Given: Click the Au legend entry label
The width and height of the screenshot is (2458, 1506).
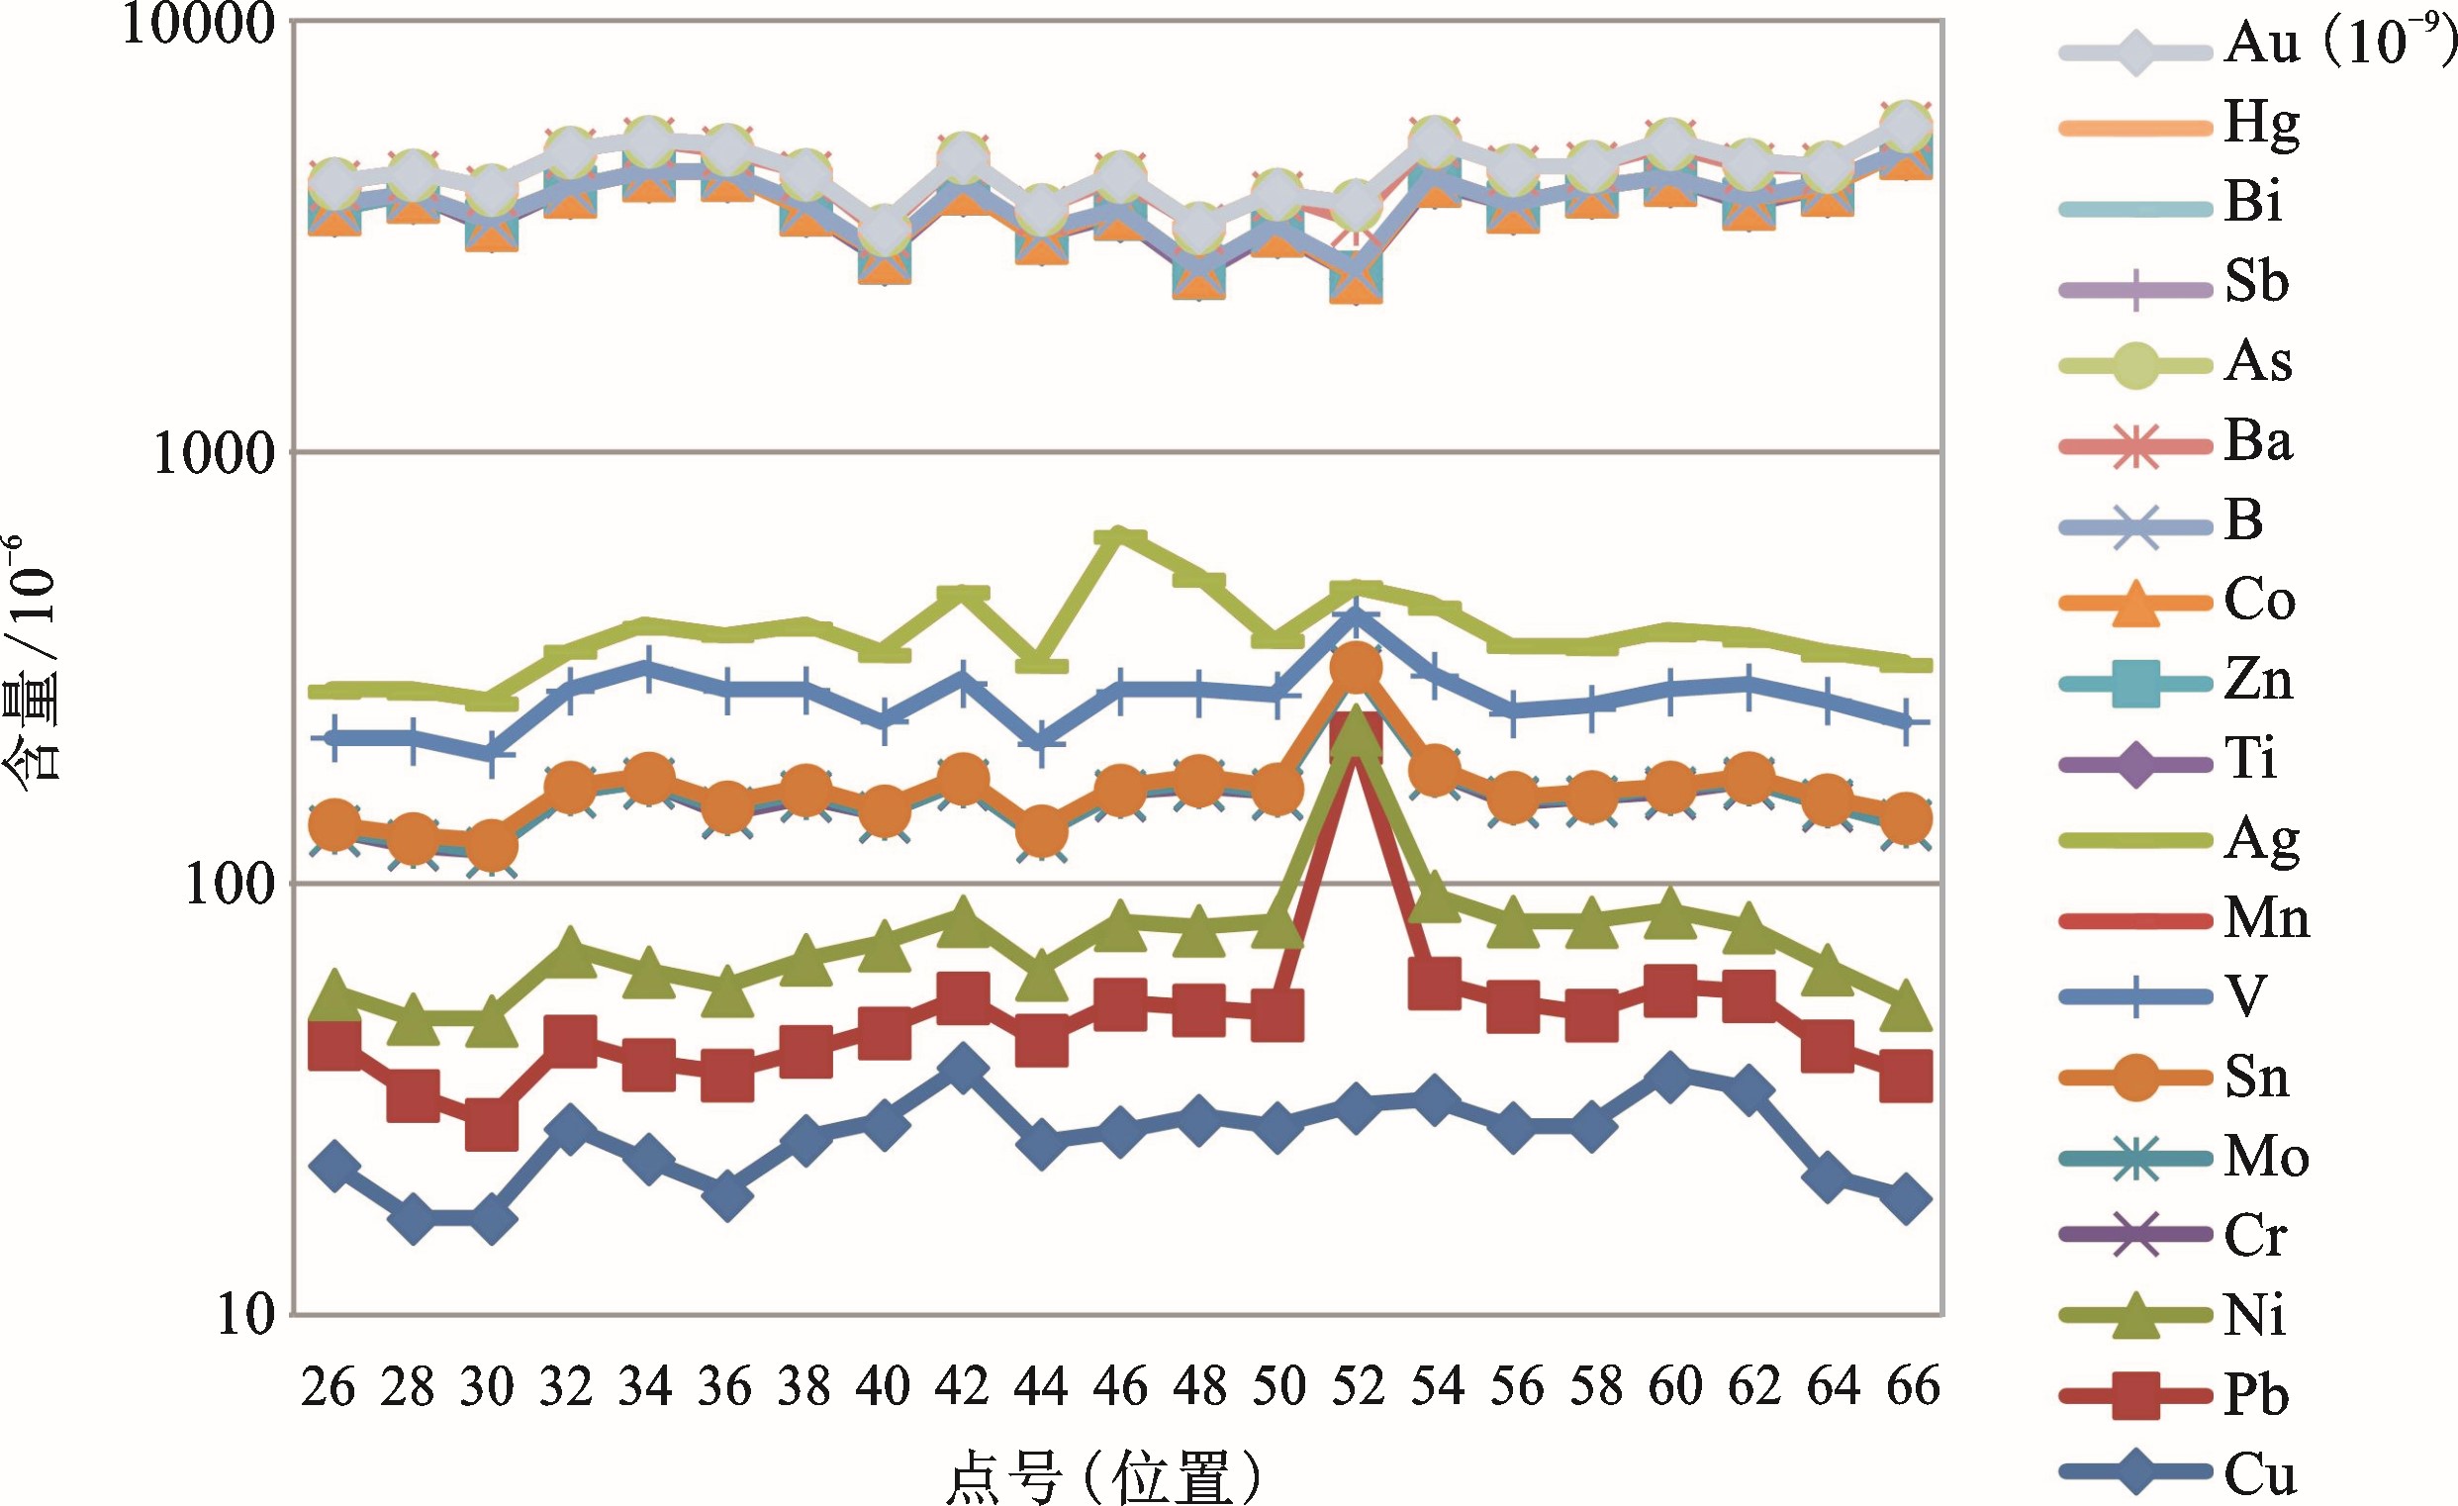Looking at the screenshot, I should click(x=2337, y=44).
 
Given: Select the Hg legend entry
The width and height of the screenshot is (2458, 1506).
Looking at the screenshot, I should click(x=2261, y=124).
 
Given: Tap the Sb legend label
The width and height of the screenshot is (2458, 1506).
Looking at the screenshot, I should click(x=2256, y=282).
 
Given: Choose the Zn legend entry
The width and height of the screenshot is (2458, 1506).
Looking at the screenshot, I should click(x=2258, y=681).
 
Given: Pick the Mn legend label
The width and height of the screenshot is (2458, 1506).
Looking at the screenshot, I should click(x=2266, y=918).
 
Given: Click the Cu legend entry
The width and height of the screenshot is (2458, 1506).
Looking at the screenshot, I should click(x=2259, y=1474).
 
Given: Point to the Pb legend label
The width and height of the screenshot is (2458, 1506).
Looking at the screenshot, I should click(x=2256, y=1395).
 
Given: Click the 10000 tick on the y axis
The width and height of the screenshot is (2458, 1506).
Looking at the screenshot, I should click(x=197, y=24).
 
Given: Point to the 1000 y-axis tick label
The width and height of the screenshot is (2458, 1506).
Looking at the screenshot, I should click(x=213, y=455).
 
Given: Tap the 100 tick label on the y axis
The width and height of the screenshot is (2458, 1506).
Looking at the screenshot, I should click(x=230, y=886).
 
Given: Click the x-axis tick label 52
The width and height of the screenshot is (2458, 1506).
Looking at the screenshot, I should click(x=1358, y=1386).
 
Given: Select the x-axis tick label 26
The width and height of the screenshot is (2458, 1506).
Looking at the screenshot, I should click(x=329, y=1386).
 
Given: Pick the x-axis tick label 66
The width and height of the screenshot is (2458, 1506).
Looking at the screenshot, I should click(x=1913, y=1386).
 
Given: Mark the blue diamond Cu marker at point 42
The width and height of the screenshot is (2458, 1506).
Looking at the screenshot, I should click(x=963, y=1069).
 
